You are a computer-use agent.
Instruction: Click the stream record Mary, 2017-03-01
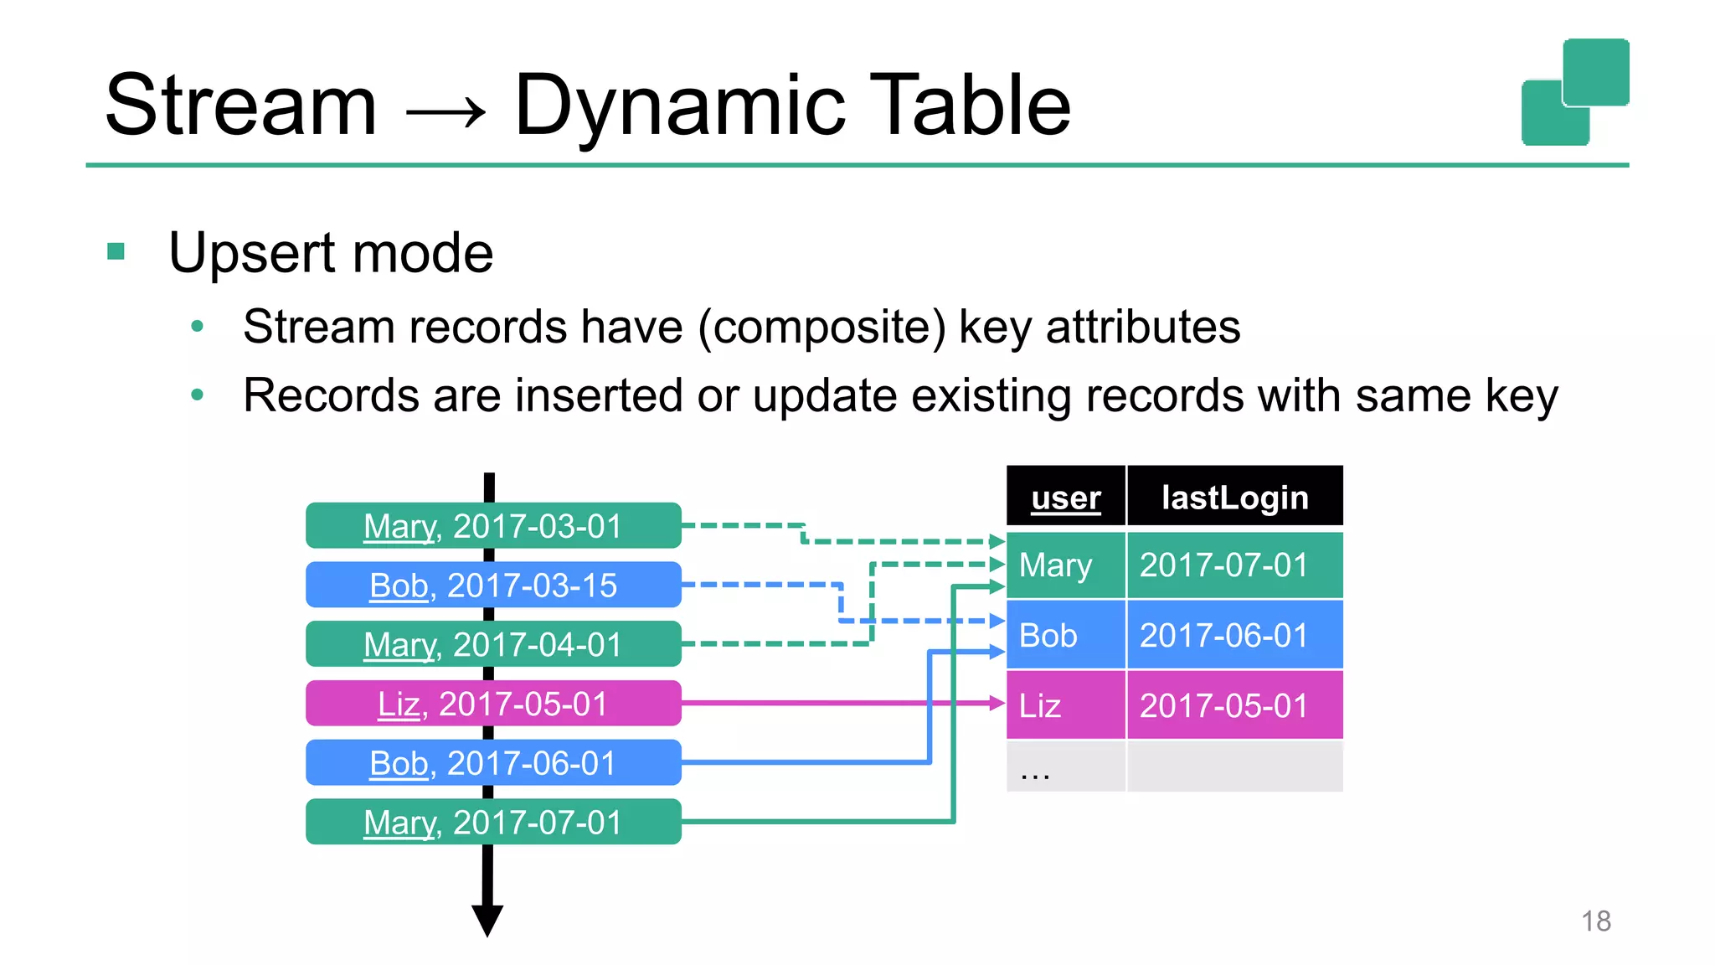pyautogui.click(x=493, y=526)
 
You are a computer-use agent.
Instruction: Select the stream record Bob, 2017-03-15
pyautogui.click(x=493, y=585)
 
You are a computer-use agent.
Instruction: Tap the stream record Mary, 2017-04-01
pyautogui.click(x=493, y=644)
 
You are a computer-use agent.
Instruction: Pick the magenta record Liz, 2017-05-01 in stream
pyautogui.click(x=493, y=704)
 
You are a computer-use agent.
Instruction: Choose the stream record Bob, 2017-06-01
pyautogui.click(x=493, y=763)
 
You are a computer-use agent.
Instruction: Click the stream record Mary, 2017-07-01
pyautogui.click(x=493, y=822)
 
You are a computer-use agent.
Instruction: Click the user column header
pyautogui.click(x=1065, y=498)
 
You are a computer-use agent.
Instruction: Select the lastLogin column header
pyautogui.click(x=1234, y=498)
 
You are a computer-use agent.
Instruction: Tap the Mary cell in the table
pyautogui.click(x=1065, y=565)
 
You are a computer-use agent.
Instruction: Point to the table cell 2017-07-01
pyautogui.click(x=1234, y=565)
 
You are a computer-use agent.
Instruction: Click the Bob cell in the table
pyautogui.click(x=1065, y=636)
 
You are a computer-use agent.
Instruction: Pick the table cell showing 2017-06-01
pyautogui.click(x=1234, y=636)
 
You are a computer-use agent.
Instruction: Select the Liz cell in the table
pyautogui.click(x=1065, y=706)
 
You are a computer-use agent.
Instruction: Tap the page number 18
pyautogui.click(x=1595, y=921)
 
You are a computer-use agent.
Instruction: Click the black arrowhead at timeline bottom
pyautogui.click(x=487, y=919)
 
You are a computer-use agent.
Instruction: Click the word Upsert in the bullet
pyautogui.click(x=253, y=253)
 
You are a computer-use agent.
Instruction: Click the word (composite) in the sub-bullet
pyautogui.click(x=821, y=328)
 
